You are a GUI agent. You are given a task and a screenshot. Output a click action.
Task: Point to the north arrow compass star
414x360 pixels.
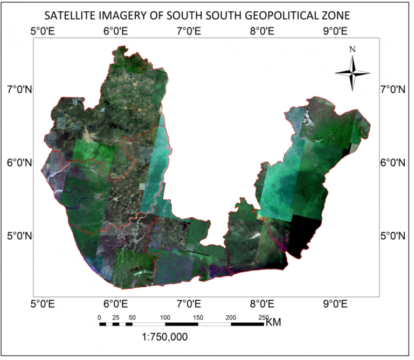tap(352, 73)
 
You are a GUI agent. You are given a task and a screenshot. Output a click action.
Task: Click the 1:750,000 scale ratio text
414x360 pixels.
tap(164, 338)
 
